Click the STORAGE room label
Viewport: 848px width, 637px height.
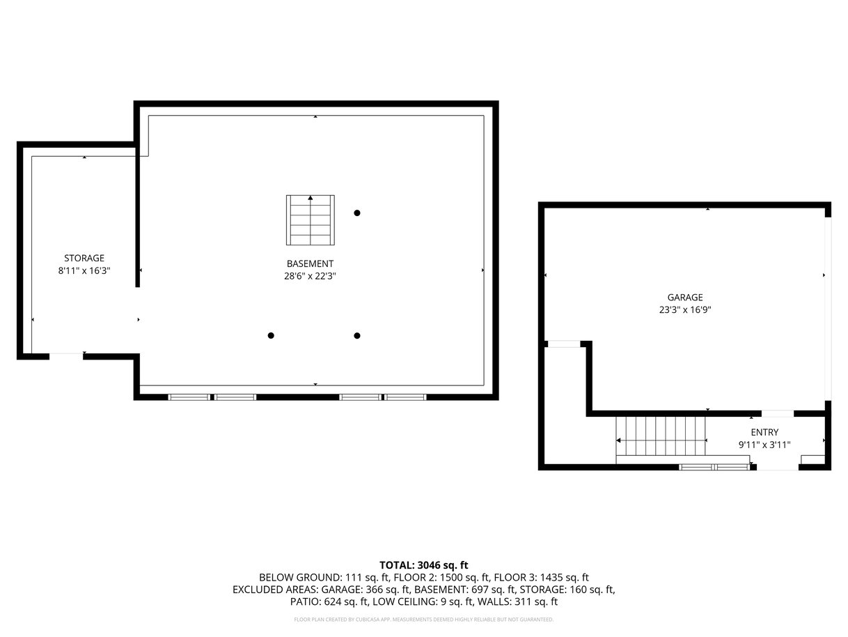click(84, 258)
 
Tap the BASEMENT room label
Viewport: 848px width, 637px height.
click(310, 263)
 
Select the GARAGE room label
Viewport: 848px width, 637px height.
click(684, 297)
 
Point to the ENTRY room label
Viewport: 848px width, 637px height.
click(764, 432)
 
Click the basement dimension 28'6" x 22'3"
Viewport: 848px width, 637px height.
click(310, 276)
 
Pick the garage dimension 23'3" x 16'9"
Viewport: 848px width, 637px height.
click(684, 309)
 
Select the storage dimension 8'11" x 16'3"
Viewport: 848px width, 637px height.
click(84, 270)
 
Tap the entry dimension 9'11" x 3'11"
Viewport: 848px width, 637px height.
click(764, 445)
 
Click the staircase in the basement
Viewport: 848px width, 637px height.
click(310, 220)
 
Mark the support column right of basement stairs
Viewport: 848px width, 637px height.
click(356, 213)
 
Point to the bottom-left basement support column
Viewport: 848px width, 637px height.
click(270, 335)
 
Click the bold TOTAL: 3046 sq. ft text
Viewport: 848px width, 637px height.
click(423, 565)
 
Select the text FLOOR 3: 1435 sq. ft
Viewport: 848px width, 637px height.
click(541, 578)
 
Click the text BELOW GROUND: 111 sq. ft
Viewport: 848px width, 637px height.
click(324, 578)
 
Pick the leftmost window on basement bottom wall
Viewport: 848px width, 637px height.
click(189, 397)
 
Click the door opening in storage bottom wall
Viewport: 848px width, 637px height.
click(65, 356)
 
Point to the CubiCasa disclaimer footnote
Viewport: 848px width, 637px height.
click(423, 620)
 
